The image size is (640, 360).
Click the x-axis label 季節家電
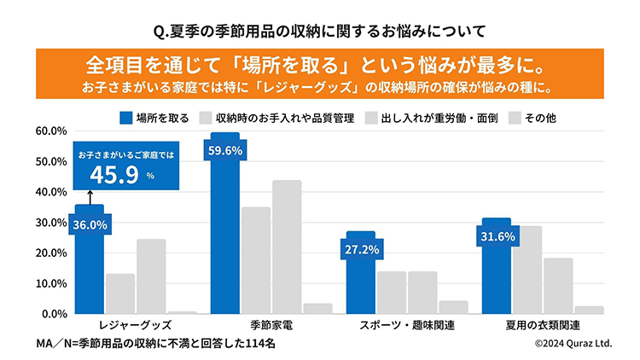coord(271,326)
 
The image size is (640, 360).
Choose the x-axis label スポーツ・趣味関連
coord(406,326)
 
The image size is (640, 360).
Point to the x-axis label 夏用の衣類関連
coord(542,326)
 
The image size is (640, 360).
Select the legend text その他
coord(539,117)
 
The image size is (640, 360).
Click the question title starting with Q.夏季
coord(319,32)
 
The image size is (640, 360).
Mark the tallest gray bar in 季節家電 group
coord(287,247)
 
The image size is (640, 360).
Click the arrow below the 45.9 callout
coord(89,199)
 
